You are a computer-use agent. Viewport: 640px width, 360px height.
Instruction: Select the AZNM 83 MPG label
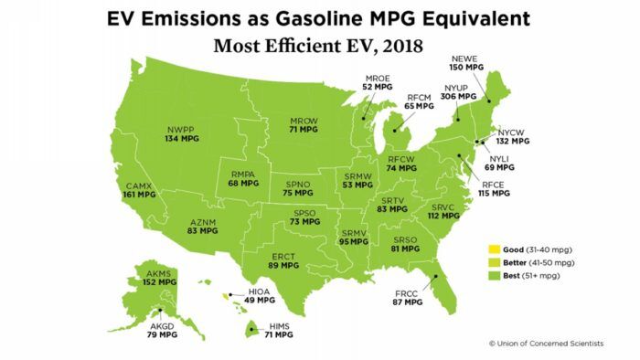click(x=201, y=226)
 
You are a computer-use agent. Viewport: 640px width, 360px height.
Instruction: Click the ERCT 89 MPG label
click(x=285, y=259)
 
